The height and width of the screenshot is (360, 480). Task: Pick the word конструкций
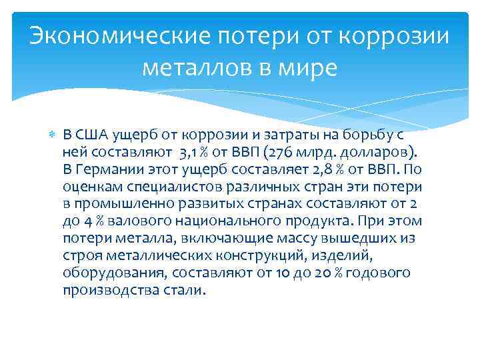[255, 255]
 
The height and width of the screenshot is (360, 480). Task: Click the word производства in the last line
[111, 290]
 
